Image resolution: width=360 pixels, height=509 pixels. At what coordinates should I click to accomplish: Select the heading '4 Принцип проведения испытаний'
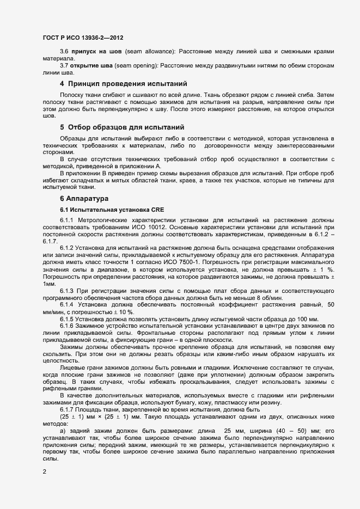pos(124,84)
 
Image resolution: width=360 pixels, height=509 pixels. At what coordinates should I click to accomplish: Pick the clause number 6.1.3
pos(68,290)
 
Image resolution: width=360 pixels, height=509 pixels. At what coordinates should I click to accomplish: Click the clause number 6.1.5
pos(68,318)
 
